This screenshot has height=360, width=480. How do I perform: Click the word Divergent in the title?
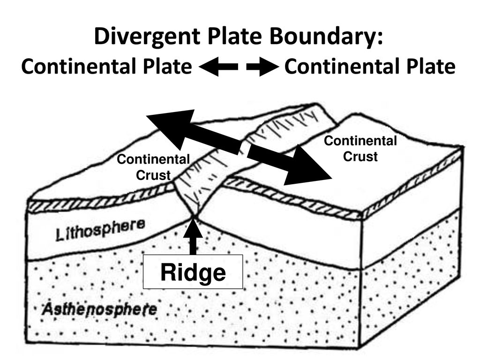pos(147,37)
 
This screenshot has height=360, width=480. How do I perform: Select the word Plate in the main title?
pos(235,36)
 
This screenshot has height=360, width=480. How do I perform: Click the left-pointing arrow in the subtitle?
pos(218,67)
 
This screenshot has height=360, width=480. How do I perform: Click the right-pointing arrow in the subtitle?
pos(262,67)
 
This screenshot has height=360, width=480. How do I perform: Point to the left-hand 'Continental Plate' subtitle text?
pos(106,67)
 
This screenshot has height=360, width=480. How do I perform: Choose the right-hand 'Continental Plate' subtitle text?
pos(370,67)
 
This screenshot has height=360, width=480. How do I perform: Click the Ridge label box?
pos(193,272)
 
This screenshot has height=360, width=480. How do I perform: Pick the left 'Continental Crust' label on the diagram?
pos(153,167)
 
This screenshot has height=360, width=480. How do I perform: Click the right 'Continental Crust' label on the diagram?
pos(360,149)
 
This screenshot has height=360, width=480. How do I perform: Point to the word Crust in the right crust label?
pos(360,157)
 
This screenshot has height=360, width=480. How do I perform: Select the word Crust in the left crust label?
pos(153,175)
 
